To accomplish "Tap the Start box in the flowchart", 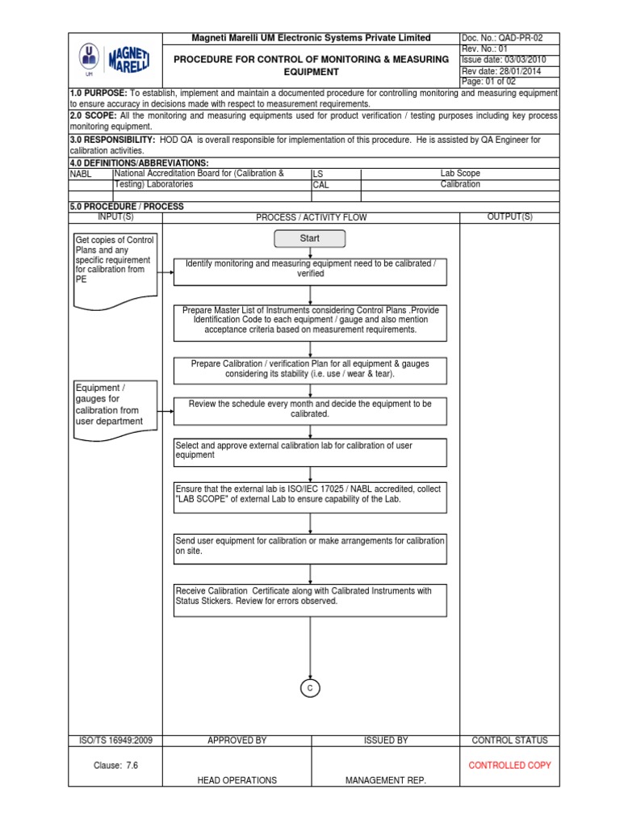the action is pos(310,238).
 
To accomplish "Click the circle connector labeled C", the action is pos(310,687).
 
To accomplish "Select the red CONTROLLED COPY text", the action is pos(509,765).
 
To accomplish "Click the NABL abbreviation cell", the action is pos(90,174).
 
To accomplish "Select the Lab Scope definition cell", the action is pos(459,174).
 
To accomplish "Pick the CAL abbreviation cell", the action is pos(334,185).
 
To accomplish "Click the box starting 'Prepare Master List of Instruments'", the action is pos(310,320).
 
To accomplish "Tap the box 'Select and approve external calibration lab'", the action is pos(310,452).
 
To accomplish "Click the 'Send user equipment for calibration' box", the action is pos(310,545).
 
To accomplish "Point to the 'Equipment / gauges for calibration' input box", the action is pos(114,405).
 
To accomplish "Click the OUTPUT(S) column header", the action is pos(509,217).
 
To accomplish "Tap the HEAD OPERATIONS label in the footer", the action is pos(237,780).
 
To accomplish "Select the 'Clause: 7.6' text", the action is pos(115,765).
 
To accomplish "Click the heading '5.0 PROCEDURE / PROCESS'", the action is pos(127,207).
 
